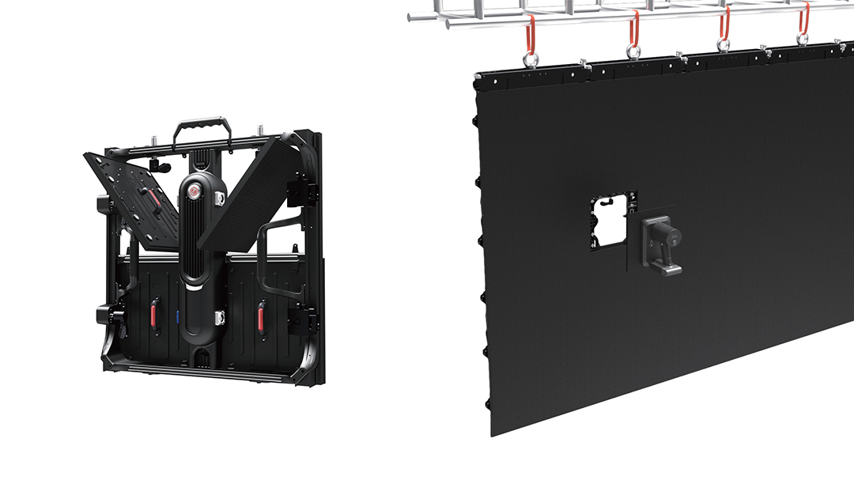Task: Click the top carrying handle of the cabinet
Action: coord(203,123)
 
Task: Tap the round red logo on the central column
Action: coord(195,192)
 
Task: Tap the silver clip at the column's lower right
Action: coord(221,318)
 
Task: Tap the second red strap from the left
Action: coord(633,28)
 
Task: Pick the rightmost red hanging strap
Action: coord(803,19)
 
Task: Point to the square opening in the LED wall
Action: coord(612,221)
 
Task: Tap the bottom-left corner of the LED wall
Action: coord(493,433)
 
